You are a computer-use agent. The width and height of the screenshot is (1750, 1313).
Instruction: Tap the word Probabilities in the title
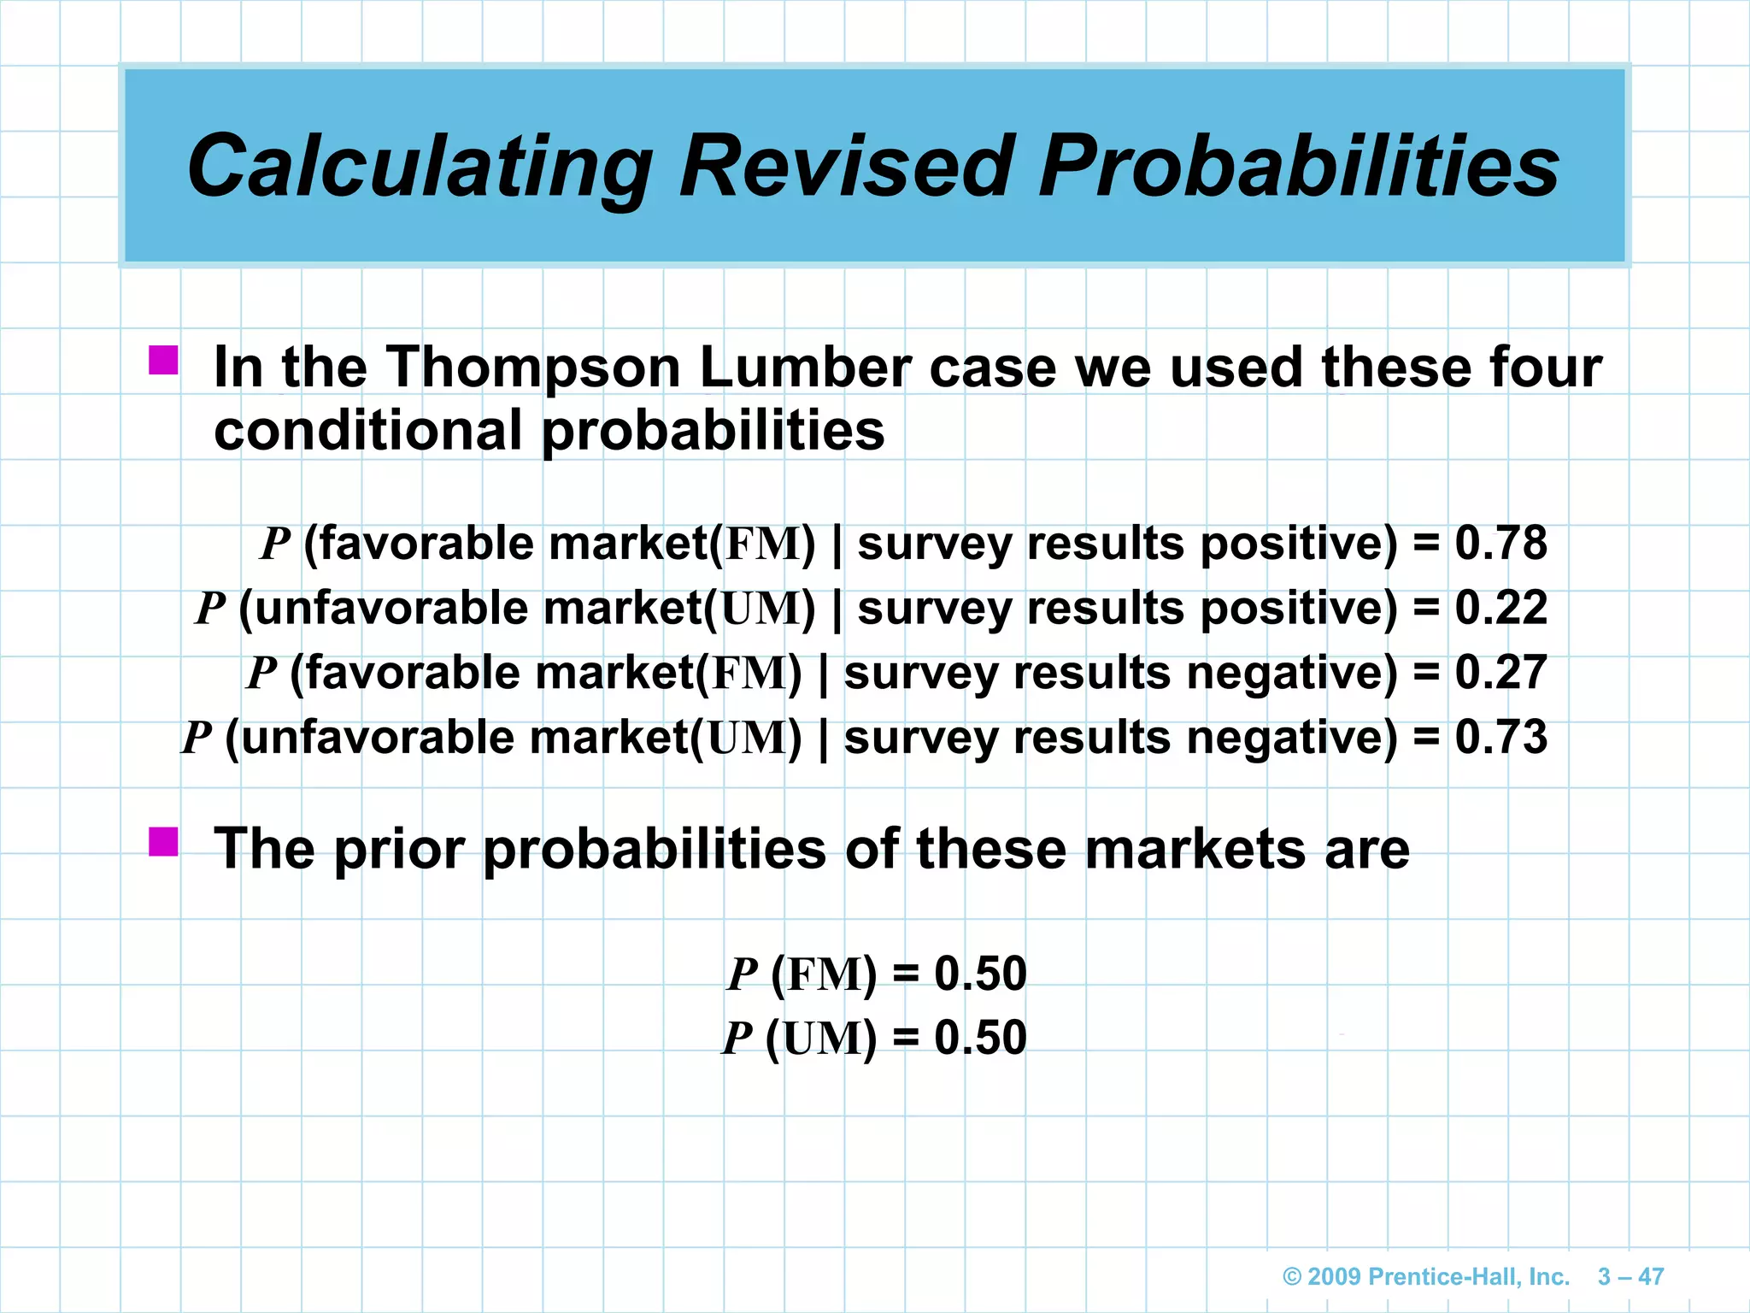(x=1299, y=167)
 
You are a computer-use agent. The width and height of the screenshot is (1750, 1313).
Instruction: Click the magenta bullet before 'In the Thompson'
(x=163, y=360)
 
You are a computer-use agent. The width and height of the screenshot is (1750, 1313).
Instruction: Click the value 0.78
(x=1500, y=543)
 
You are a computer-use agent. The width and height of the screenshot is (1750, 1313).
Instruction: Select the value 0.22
(x=1500, y=608)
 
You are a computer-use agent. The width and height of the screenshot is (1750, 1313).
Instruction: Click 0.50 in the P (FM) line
(x=980, y=974)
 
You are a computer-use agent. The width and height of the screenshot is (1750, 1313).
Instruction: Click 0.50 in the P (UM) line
(x=980, y=1038)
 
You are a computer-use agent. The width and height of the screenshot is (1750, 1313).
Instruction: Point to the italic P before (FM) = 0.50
(x=742, y=974)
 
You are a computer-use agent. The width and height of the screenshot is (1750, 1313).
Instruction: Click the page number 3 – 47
(x=1630, y=1276)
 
